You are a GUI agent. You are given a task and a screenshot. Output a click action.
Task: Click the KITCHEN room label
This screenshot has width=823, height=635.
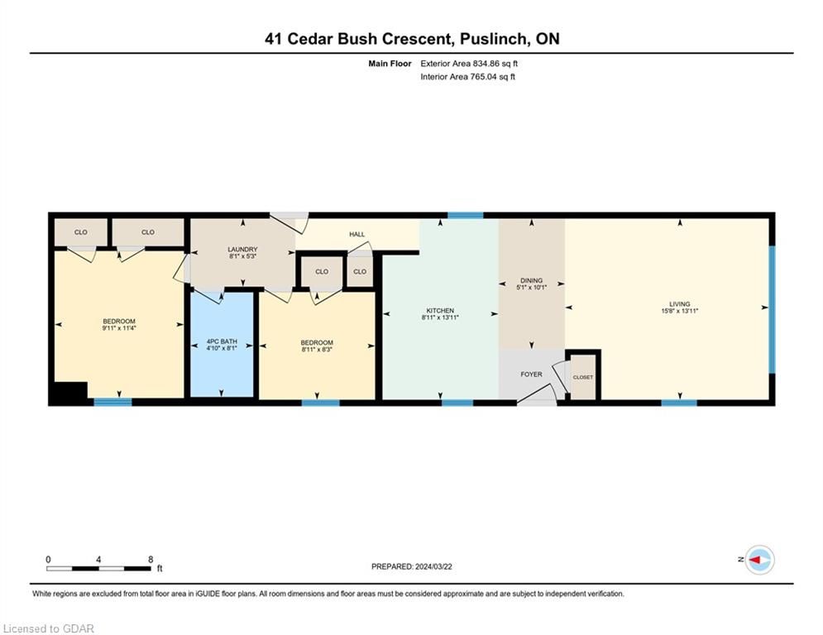[440, 311]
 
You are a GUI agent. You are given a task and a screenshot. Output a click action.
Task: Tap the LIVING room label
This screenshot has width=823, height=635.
[680, 303]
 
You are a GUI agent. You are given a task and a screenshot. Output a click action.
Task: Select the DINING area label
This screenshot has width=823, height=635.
[531, 281]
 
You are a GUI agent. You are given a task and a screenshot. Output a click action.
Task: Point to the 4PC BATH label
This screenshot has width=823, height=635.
[222, 341]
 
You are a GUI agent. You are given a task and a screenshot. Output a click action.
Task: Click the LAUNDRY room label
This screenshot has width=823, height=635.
[242, 249]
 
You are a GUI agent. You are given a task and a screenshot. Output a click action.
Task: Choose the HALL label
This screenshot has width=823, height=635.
[357, 234]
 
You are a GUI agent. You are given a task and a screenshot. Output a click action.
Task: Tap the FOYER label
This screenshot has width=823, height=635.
[531, 375]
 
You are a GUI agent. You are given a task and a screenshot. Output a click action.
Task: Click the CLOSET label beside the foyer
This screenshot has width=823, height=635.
[583, 377]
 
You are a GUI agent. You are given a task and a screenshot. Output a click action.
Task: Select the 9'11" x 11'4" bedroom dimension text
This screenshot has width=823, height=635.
[119, 328]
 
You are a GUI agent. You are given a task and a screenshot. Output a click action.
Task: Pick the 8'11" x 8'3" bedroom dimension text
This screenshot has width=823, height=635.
[317, 349]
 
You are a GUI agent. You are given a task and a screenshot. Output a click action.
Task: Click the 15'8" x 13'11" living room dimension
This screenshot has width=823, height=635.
[680, 311]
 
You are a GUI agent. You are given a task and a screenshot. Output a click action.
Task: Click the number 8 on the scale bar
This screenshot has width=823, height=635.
[151, 560]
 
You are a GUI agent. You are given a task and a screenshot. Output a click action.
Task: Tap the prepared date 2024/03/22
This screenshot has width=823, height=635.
[433, 566]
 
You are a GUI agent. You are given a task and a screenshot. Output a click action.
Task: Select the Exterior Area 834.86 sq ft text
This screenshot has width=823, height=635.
[469, 64]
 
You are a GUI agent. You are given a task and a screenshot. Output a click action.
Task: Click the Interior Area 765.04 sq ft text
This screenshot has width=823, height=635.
[467, 77]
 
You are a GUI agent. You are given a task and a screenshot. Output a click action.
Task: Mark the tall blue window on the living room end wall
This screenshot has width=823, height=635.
[772, 309]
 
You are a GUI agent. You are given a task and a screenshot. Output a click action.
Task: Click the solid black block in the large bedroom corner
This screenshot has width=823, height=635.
[68, 393]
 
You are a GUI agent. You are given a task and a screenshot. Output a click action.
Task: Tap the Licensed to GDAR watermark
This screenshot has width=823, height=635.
[48, 628]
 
